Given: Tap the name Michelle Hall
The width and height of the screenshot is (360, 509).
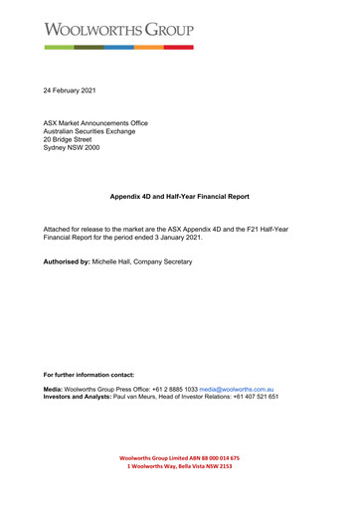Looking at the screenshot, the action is [116, 261].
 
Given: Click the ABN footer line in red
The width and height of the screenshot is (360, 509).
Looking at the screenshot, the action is [179, 458].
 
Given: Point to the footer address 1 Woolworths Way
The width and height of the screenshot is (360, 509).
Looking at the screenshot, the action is [179, 467].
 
